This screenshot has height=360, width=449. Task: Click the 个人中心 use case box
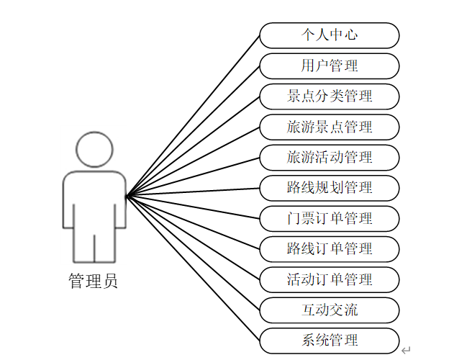point(329,35)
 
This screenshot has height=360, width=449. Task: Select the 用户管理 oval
point(329,66)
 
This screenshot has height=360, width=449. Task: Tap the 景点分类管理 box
point(329,96)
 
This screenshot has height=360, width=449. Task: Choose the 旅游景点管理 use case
point(329,127)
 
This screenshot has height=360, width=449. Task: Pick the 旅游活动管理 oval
point(329,157)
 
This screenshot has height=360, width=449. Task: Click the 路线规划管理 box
point(329,187)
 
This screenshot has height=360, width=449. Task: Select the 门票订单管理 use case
point(329,217)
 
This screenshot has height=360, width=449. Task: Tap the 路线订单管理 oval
point(329,248)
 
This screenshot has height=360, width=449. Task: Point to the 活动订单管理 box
point(329,279)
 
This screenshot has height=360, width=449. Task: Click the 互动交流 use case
point(329,310)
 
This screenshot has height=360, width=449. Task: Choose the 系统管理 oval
point(329,340)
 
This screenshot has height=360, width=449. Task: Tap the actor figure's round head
point(94,150)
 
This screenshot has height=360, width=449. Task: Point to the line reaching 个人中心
point(193,115)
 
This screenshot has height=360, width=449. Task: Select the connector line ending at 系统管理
point(193,268)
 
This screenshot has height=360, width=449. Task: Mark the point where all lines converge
point(127,196)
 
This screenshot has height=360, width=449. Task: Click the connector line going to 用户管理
point(193,131)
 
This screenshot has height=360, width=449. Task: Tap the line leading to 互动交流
point(193,253)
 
